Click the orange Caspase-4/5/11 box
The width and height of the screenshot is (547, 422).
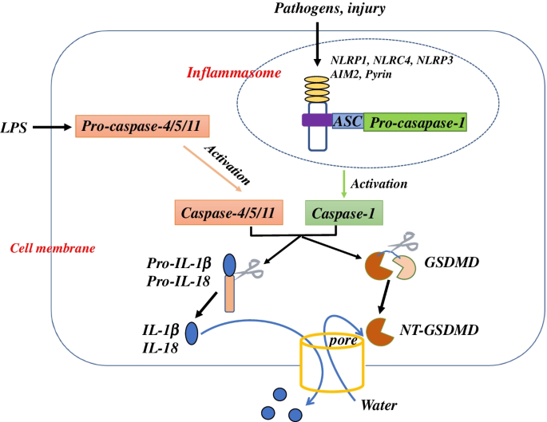(228, 212)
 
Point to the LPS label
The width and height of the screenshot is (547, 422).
(15, 126)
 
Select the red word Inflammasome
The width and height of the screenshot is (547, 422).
(225, 75)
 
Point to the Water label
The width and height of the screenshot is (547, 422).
(379, 404)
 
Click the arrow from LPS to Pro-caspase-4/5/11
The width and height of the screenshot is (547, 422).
(53, 126)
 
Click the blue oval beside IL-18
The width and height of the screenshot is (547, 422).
(192, 332)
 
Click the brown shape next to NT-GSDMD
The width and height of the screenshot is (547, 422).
(379, 328)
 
